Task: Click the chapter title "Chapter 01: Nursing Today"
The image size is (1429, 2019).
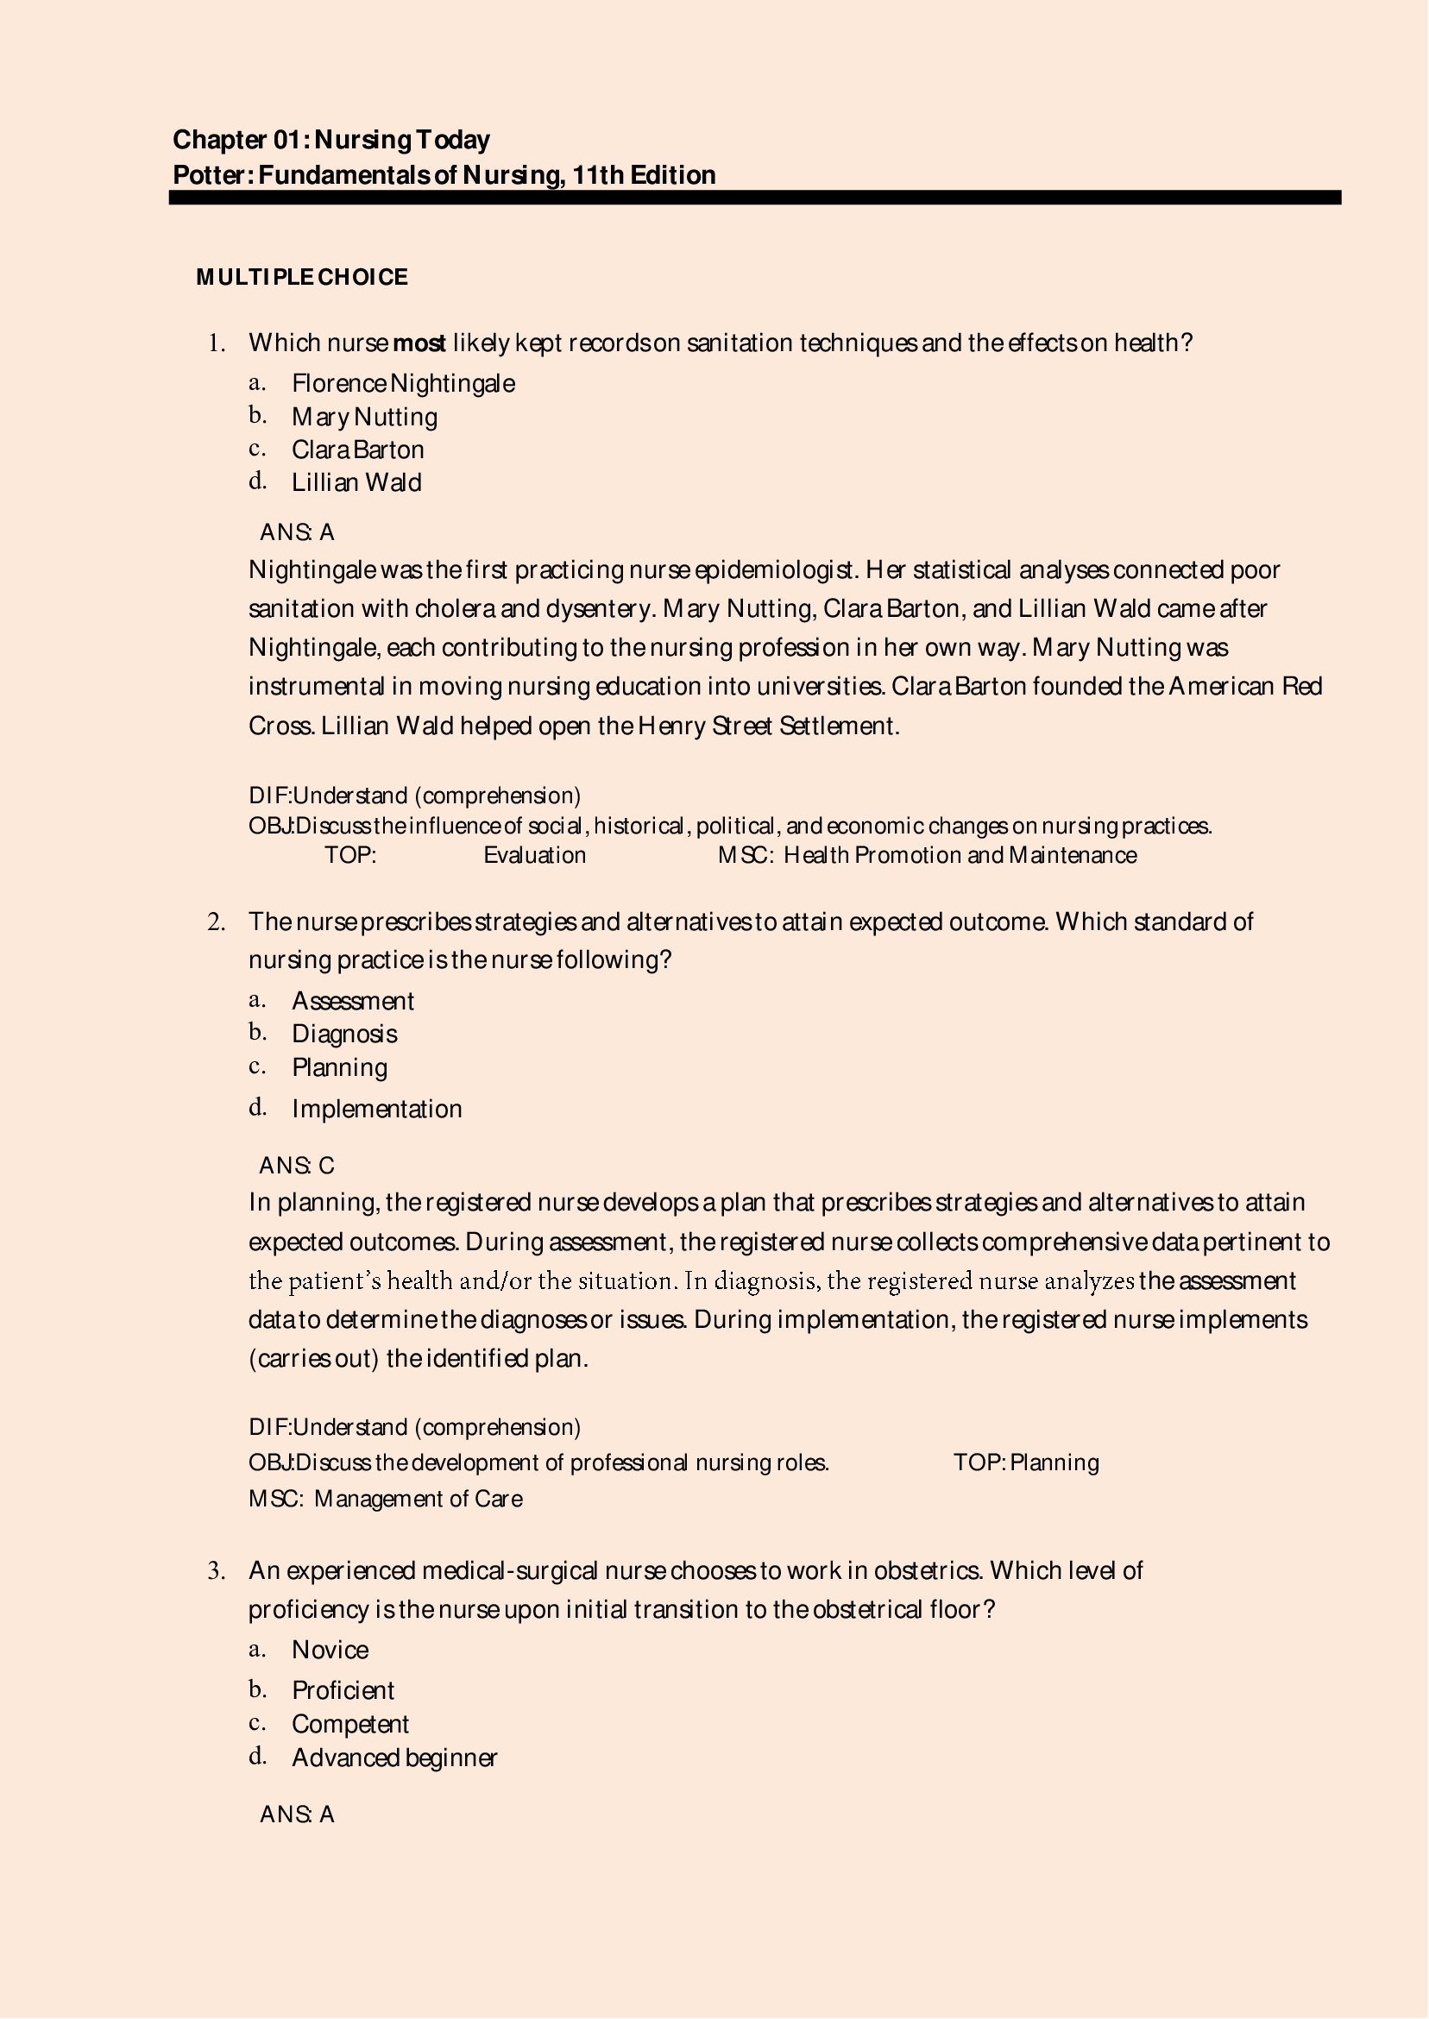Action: tap(330, 140)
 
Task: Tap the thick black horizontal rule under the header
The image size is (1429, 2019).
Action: tap(754, 198)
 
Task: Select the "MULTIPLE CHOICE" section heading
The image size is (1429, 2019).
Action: tap(302, 277)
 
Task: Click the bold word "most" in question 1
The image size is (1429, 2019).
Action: tap(419, 343)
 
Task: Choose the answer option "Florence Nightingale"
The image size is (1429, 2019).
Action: tap(403, 384)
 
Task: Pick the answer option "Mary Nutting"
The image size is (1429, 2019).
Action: tap(364, 417)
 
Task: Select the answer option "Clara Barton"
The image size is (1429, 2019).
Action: tap(357, 450)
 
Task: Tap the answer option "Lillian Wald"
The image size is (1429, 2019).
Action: tap(356, 483)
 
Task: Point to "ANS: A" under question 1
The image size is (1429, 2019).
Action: tap(297, 532)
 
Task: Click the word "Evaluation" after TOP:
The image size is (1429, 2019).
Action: tap(534, 855)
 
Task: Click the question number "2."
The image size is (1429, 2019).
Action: tap(217, 922)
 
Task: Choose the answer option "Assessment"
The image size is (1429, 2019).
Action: tap(352, 1001)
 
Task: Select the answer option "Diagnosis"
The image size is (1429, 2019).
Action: tap(344, 1035)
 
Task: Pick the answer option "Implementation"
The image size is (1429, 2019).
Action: tap(376, 1110)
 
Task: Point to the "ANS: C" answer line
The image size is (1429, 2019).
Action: tap(297, 1166)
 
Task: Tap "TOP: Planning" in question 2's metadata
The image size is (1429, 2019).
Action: tap(1026, 1462)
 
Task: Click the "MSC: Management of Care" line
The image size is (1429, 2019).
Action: tap(386, 1498)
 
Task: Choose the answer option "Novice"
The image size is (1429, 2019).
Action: tap(330, 1650)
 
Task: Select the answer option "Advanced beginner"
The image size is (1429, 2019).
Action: tap(394, 1758)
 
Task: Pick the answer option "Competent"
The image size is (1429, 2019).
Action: tap(350, 1724)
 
